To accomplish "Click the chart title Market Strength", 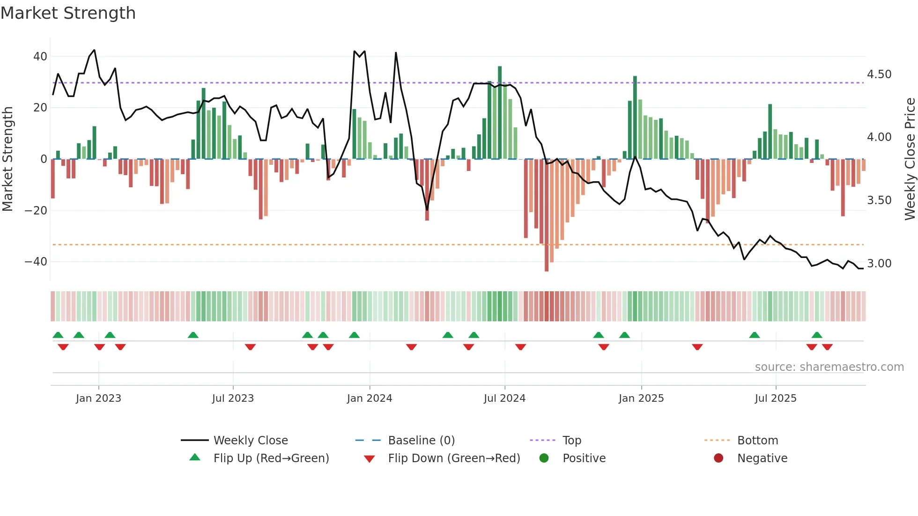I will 68,13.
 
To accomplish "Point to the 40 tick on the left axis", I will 40,57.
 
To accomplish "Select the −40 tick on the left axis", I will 36,262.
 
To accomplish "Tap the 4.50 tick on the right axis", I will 879,74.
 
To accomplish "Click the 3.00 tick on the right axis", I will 879,264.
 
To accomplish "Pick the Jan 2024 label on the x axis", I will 370,398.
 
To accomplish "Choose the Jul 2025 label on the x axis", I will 776,398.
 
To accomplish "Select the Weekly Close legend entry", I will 251,441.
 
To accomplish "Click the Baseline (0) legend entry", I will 421,441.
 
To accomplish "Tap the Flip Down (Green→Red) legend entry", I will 454,458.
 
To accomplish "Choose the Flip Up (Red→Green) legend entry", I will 271,458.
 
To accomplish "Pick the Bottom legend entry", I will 757,441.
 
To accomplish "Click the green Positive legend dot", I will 544,458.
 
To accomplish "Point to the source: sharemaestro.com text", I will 829,367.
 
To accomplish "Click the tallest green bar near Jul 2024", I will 500,112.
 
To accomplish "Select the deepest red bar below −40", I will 547,215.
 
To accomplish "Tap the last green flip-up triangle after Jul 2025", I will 817,335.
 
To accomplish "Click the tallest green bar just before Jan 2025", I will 635,117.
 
